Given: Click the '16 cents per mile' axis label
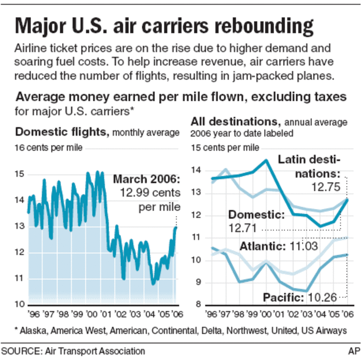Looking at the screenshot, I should point(49,147).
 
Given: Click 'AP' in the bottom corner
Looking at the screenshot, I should point(354,351).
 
